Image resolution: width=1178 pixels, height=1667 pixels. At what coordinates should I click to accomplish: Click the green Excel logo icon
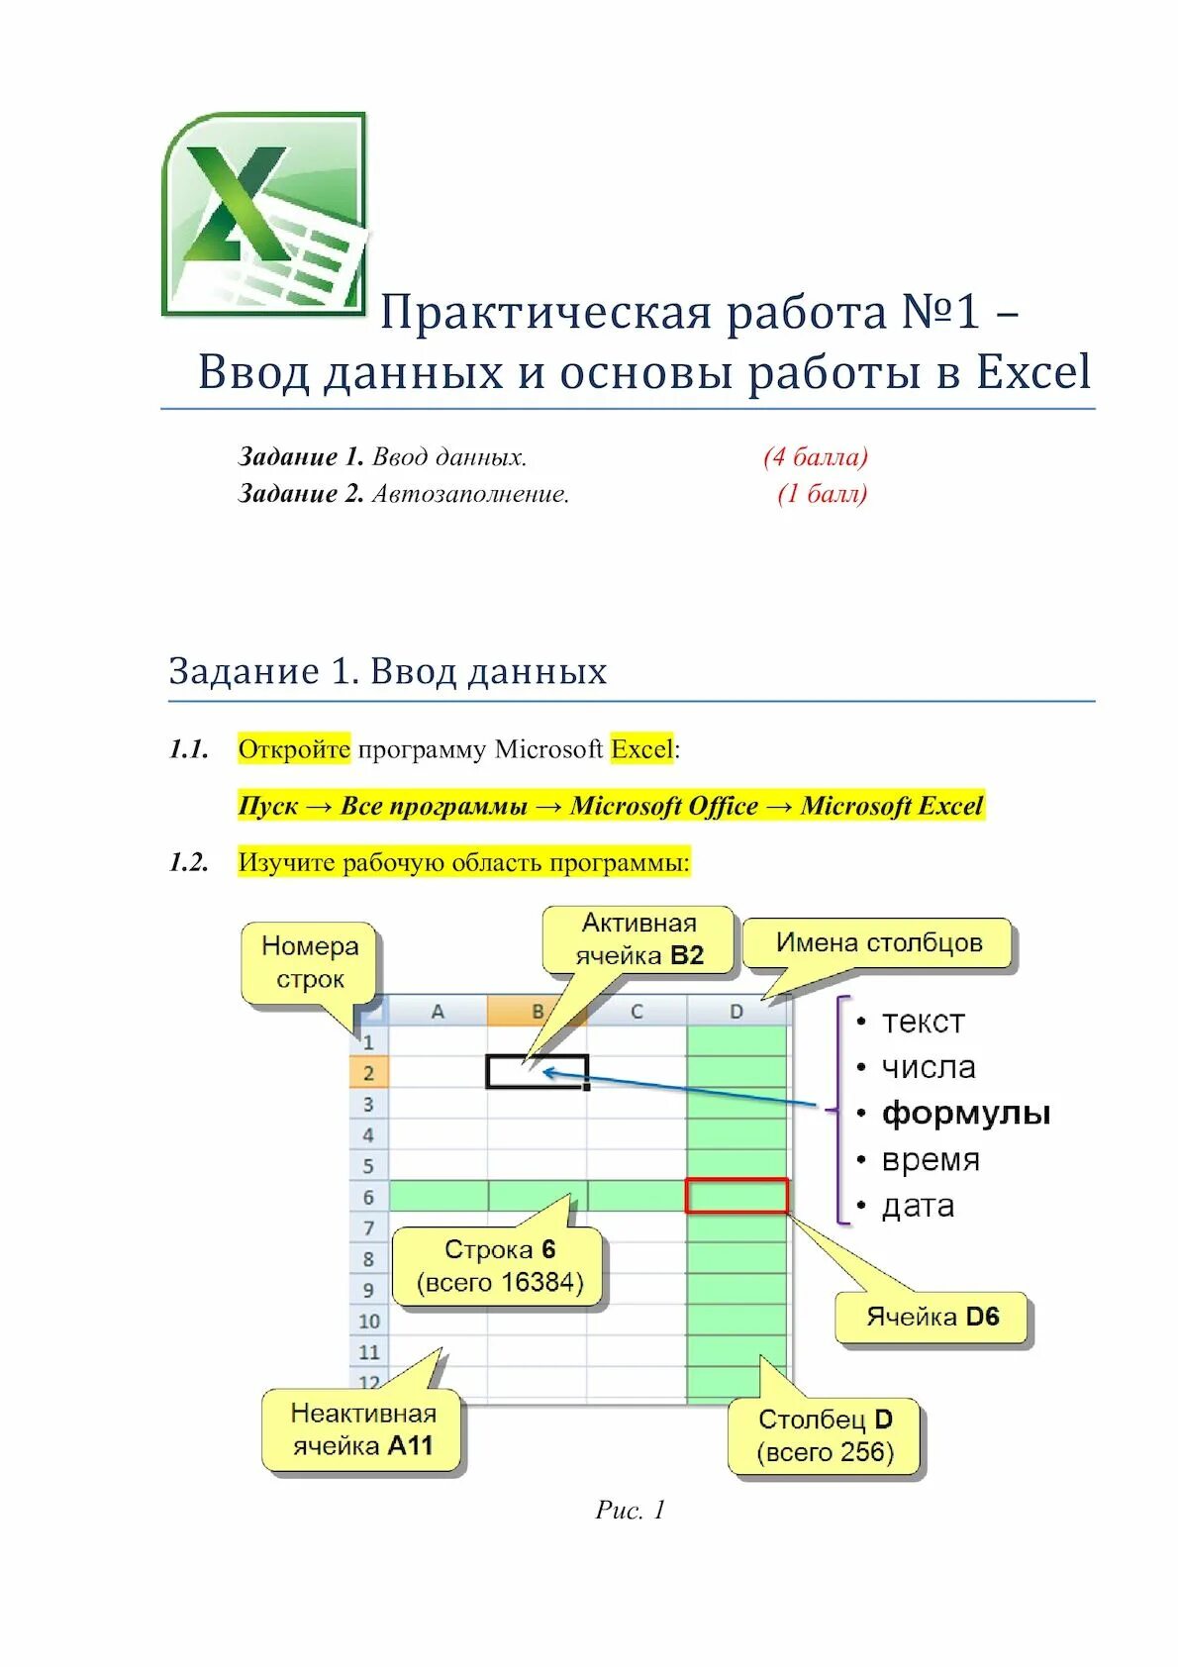264,214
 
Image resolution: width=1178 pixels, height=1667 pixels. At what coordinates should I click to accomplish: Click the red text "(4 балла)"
815,456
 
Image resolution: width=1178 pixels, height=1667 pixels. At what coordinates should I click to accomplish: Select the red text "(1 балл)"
822,493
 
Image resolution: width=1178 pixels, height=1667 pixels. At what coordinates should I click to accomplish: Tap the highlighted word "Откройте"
294,749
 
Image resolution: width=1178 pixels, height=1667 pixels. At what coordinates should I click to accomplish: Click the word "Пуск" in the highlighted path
267,806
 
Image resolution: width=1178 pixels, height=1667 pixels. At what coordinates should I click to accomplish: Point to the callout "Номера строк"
310,963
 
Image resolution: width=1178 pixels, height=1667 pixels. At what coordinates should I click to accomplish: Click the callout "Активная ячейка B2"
639,939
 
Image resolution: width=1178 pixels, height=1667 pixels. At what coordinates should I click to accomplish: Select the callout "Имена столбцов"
879,942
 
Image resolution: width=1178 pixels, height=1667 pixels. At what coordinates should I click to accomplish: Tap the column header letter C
637,1012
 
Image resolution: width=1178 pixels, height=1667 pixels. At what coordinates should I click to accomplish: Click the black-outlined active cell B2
538,1072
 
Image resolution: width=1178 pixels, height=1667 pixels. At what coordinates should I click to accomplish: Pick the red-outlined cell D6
736,1196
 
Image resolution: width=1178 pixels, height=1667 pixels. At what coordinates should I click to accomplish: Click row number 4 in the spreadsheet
368,1134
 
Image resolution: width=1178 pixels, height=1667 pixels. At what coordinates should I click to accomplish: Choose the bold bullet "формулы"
965,1113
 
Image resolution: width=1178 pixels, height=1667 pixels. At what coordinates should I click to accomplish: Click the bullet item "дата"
918,1206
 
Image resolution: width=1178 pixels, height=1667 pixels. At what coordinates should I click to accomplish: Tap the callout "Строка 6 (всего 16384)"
500,1266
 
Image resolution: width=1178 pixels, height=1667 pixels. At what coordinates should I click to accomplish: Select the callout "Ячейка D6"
933,1317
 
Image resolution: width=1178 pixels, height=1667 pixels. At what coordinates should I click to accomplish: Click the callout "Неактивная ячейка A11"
363,1429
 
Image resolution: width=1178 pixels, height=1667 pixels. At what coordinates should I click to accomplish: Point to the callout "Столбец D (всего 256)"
825,1436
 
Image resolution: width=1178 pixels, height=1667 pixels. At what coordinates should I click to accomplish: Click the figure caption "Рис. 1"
630,1510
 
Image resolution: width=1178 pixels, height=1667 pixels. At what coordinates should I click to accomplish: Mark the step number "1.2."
189,862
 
